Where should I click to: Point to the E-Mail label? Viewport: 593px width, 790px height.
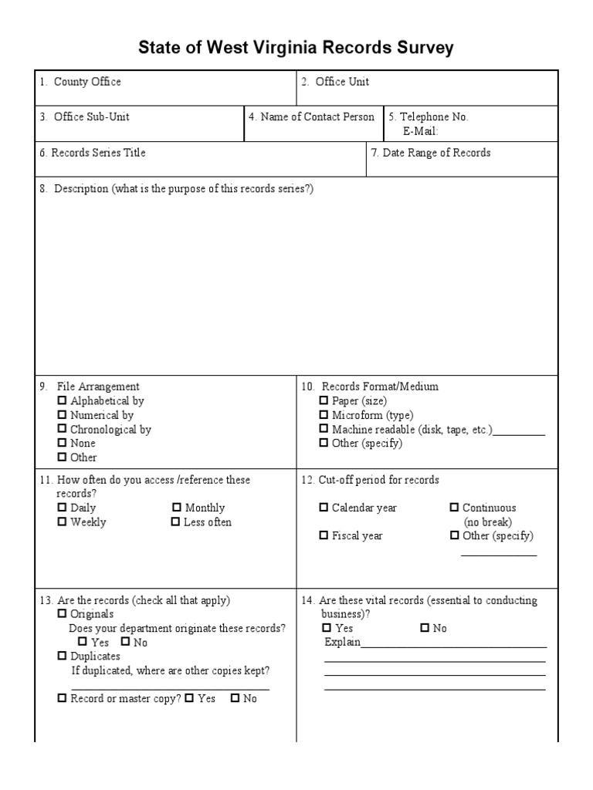pyautogui.click(x=420, y=131)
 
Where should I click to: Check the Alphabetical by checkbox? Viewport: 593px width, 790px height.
pyautogui.click(x=63, y=401)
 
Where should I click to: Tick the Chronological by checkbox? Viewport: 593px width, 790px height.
pyautogui.click(x=63, y=430)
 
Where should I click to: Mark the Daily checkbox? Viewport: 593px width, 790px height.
pyautogui.click(x=63, y=508)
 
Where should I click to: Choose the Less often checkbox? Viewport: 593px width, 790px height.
pyautogui.click(x=176, y=522)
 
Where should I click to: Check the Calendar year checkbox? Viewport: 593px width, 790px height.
pyautogui.click(x=324, y=508)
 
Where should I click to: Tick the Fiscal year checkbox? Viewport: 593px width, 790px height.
pyautogui.click(x=324, y=536)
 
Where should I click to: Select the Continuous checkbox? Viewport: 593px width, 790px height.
pyautogui.click(x=455, y=508)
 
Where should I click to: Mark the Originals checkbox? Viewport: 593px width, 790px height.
pyautogui.click(x=63, y=614)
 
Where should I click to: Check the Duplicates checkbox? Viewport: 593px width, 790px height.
pyautogui.click(x=63, y=656)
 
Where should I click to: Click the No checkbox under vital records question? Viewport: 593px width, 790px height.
pyautogui.click(x=425, y=628)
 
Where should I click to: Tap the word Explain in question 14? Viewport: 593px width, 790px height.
pyautogui.click(x=342, y=643)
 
